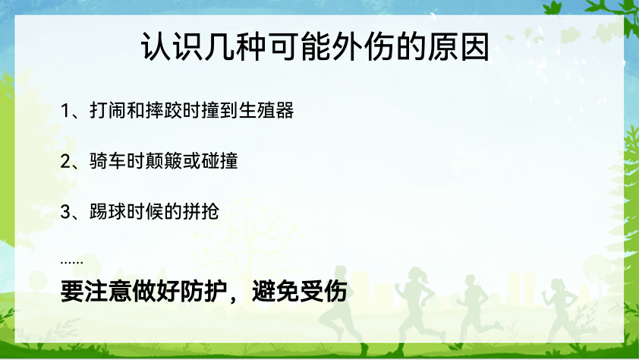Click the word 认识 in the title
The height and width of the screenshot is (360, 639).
(172, 47)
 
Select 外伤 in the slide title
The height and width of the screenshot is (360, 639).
(363, 47)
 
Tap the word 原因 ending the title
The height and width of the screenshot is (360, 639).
(458, 47)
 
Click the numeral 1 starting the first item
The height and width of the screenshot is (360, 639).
(65, 111)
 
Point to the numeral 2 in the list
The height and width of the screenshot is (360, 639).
(65, 162)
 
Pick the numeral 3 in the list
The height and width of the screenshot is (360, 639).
(65, 212)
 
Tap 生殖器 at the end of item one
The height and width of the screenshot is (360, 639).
(266, 110)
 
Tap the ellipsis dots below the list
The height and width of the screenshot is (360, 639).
(72, 262)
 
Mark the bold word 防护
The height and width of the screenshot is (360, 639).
(203, 292)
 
